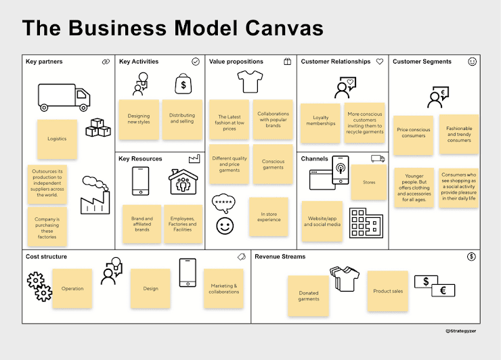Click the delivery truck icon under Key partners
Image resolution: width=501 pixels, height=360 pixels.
coord(64,97)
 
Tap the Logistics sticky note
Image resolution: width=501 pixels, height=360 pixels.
coord(57,139)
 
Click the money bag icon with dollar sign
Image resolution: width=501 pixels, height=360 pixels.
coord(182,85)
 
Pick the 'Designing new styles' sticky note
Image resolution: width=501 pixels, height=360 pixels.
coord(139,119)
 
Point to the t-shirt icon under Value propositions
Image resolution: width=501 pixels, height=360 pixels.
coord(249,82)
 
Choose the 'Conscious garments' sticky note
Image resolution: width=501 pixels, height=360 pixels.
coord(273,164)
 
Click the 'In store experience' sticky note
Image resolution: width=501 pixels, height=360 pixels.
coord(269,217)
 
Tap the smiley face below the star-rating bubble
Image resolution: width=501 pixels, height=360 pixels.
coord(224,225)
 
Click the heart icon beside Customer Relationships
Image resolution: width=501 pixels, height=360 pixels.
coord(380,62)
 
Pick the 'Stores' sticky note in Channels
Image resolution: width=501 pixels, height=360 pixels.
coord(369,182)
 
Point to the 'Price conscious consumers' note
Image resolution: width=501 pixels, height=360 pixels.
coord(412,132)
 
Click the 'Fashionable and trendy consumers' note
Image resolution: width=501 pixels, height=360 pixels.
coord(458,133)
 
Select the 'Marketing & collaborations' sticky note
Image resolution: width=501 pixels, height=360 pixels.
coord(224,288)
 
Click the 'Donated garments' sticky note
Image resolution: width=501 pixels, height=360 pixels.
coord(308,296)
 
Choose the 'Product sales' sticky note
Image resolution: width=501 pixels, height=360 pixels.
coord(388,291)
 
